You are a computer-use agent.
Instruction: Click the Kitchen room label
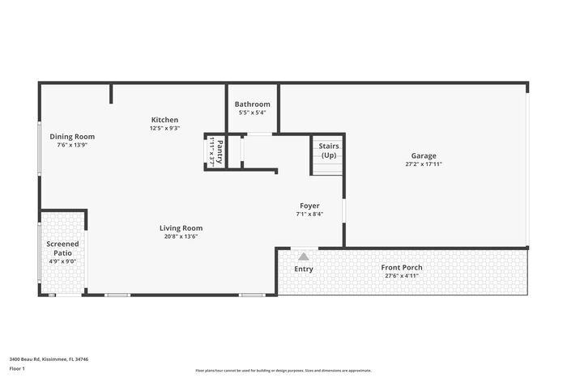(164, 120)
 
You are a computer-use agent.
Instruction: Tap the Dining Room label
(72, 137)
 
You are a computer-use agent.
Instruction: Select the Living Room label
(181, 228)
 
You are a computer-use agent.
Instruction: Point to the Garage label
(424, 156)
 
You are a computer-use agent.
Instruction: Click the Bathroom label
(253, 104)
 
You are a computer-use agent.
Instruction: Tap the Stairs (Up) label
(328, 151)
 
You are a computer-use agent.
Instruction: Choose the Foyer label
(309, 206)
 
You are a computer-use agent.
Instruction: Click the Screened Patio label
(62, 248)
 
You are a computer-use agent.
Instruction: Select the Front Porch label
(402, 267)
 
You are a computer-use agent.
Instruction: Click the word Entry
(304, 269)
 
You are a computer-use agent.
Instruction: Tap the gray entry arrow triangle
(304, 255)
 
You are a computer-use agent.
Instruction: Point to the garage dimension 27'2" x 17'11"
(424, 164)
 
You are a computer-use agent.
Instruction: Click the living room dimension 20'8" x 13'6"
(181, 236)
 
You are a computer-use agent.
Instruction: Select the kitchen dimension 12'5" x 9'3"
(164, 128)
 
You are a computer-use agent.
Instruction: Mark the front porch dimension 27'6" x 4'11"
(402, 275)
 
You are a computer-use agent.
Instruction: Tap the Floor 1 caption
(18, 368)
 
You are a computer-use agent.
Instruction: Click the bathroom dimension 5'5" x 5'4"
(253, 113)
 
